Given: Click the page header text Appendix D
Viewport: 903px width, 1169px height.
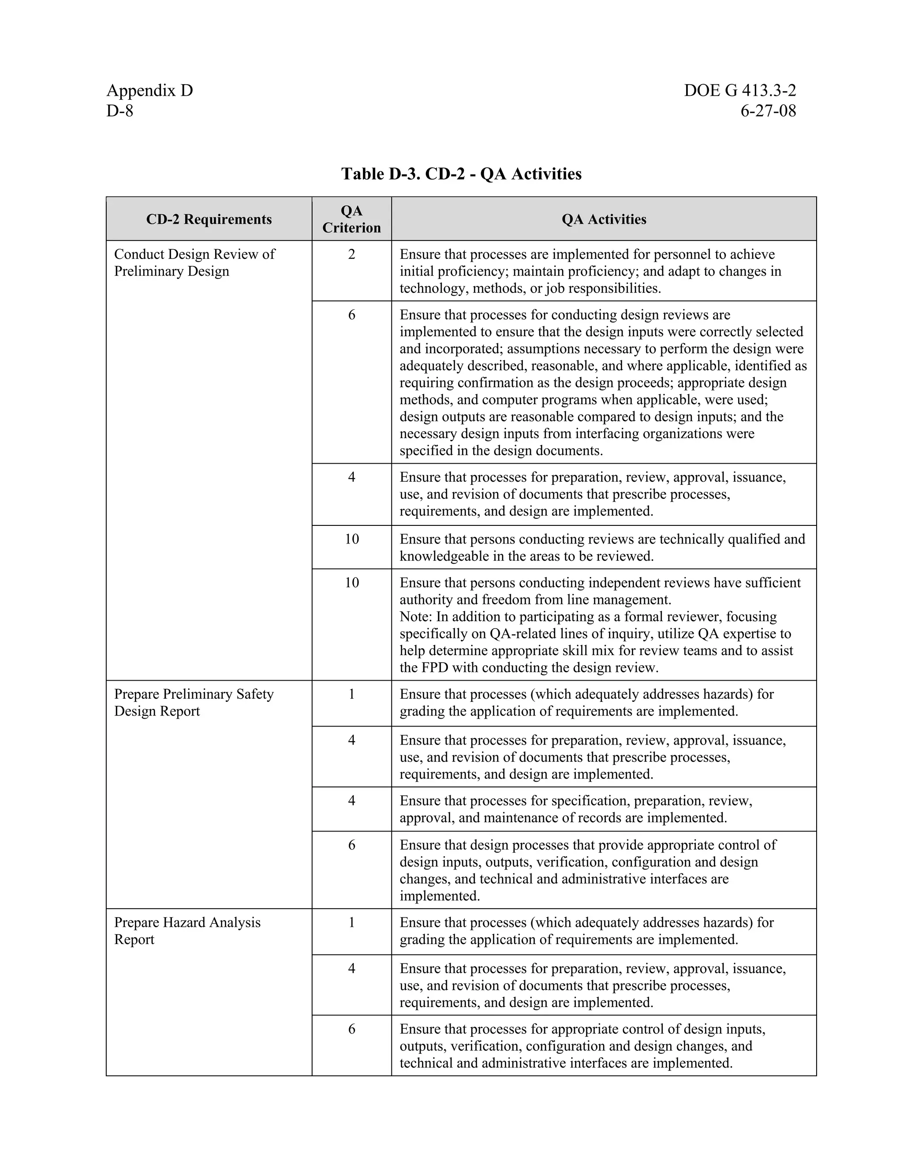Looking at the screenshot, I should tap(149, 90).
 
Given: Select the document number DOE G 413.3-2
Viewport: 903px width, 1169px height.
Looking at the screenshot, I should tap(739, 90).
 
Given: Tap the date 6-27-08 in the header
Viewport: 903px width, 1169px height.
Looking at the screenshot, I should tap(768, 111).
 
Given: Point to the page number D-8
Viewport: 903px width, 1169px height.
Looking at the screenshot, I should tap(120, 111).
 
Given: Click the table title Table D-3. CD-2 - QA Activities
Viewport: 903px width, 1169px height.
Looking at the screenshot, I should tap(461, 174).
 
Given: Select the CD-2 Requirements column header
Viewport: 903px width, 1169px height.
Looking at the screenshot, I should tap(209, 219).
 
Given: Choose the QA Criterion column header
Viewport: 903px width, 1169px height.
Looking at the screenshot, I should tap(351, 219).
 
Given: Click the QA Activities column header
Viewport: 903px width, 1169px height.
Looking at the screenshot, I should tap(604, 219).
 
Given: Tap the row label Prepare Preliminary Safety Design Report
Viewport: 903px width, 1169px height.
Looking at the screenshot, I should tap(194, 702).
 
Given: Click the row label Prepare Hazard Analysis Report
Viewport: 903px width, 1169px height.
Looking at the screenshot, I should tap(187, 931).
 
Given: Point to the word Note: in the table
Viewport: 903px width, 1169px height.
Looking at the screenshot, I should tap(416, 617).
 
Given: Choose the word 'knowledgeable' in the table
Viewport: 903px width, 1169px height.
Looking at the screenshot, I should tap(444, 556).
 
